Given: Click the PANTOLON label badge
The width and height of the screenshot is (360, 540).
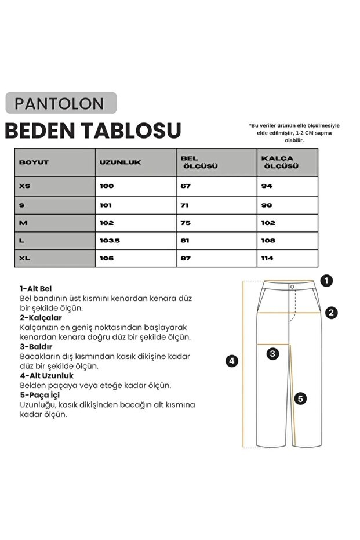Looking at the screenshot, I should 61,103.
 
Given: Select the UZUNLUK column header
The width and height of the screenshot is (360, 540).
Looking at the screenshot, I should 121,162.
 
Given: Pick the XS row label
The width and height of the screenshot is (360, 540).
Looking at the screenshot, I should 26,186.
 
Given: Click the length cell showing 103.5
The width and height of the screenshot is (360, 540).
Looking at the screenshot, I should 110,241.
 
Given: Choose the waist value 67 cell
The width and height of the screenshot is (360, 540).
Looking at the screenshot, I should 186,186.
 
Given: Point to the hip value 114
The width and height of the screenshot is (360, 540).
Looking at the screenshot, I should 267,259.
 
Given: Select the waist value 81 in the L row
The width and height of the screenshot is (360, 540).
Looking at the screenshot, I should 186,241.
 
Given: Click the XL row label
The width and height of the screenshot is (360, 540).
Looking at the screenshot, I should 26,259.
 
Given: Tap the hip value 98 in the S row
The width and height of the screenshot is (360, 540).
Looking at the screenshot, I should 266,205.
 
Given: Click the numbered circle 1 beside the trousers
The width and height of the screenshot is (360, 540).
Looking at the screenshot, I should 327,281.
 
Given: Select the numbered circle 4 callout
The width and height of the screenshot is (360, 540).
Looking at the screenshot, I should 232,361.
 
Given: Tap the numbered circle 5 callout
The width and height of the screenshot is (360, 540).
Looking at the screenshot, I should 300,398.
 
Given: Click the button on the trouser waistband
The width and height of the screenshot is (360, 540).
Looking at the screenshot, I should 292,286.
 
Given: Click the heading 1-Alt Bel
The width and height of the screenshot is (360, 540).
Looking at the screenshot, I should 37,288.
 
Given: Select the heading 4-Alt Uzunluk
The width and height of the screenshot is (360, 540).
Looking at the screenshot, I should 46,375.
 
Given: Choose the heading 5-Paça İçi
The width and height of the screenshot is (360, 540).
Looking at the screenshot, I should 41,395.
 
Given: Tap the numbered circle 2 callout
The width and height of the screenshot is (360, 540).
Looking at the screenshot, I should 331,313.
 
